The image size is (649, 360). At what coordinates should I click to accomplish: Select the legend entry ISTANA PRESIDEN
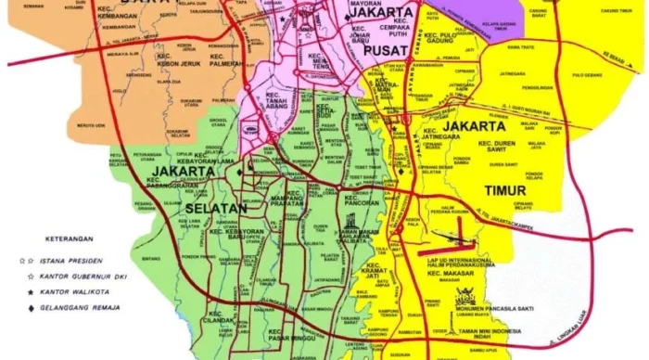[x=74, y=261]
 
